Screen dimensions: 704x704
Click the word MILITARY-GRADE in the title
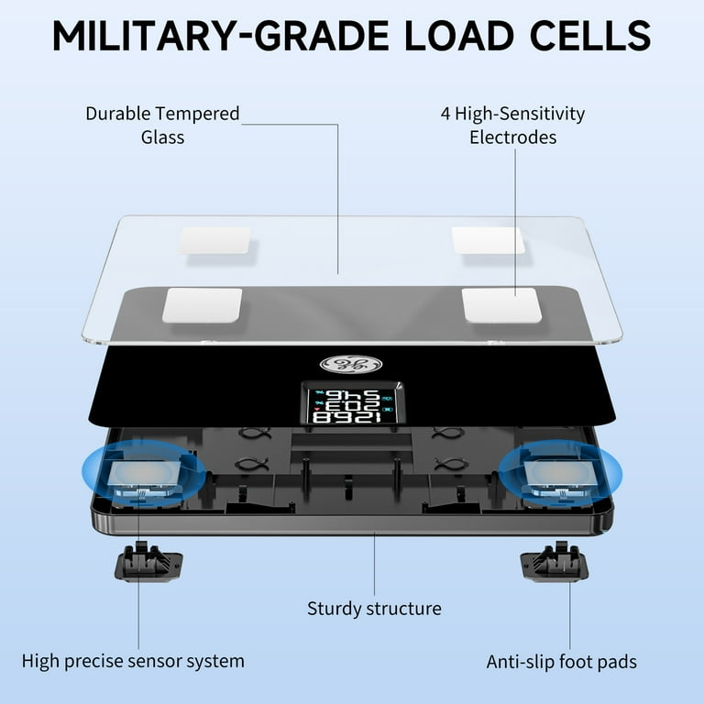tap(221, 36)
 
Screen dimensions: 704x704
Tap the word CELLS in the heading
tap(590, 36)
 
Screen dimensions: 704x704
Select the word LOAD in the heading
tap(459, 36)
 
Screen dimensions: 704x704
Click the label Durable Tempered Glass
tap(162, 126)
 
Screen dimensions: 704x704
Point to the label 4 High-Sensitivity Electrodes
tap(512, 126)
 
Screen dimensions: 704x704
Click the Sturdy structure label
tap(374, 609)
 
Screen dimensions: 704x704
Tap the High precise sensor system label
tap(133, 661)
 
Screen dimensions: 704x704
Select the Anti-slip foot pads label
tap(561, 662)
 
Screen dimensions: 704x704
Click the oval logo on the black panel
tap(351, 364)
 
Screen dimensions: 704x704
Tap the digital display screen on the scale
tap(352, 402)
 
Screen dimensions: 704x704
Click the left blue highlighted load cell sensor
tap(144, 473)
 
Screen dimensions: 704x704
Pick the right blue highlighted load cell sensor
tap(560, 474)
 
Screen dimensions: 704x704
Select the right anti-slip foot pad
tap(555, 562)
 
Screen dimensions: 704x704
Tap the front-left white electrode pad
tap(202, 305)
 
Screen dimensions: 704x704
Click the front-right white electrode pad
tap(501, 305)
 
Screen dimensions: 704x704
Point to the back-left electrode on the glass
tap(215, 240)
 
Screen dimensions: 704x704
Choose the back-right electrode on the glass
tap(488, 240)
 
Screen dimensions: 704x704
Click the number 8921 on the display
tap(346, 418)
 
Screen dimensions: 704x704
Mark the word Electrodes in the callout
tap(512, 137)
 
